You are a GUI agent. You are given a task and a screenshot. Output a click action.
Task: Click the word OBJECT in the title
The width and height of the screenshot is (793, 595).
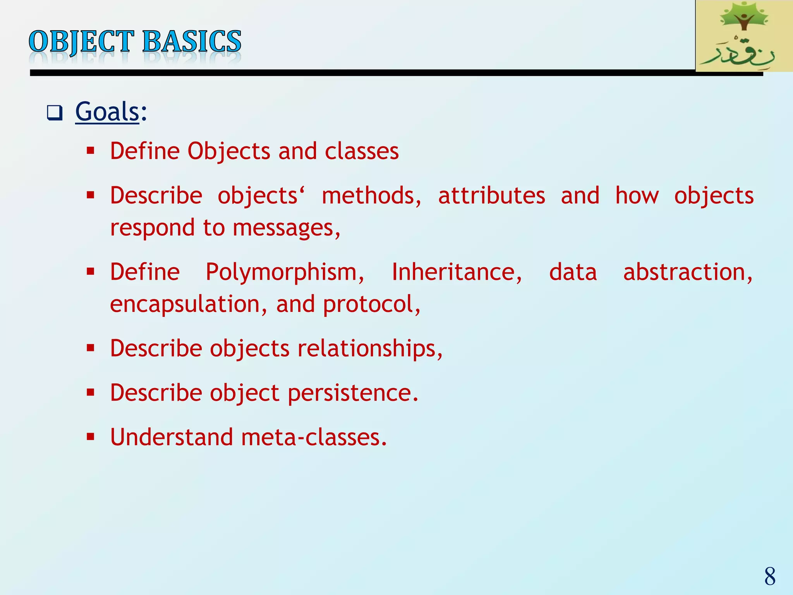(81, 42)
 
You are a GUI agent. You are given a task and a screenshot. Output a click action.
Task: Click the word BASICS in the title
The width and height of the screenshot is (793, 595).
(192, 42)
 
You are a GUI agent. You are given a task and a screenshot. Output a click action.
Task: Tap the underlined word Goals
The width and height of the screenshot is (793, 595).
(107, 112)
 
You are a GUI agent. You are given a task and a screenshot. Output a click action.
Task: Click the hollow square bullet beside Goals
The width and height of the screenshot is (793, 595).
(54, 113)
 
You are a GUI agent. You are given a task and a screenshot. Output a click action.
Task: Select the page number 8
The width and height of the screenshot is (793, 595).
(770, 576)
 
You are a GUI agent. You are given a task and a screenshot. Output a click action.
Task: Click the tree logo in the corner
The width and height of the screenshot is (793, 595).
(743, 19)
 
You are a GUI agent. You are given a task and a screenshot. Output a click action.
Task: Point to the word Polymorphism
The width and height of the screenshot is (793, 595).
(285, 272)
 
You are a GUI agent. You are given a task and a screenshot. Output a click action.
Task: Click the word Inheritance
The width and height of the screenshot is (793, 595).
(457, 272)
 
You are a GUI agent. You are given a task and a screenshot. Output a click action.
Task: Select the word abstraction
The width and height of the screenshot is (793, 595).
(687, 272)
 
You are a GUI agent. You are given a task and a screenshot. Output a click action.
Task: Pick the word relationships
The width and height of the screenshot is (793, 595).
(370, 348)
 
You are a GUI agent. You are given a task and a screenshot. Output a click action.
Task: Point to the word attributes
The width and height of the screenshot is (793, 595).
(492, 196)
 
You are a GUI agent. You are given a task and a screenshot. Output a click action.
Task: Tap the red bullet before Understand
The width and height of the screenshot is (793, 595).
(91, 437)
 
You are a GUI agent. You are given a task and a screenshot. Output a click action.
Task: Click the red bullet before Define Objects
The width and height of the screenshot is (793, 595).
(91, 151)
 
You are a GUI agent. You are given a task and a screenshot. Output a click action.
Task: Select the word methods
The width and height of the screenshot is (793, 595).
(371, 196)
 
